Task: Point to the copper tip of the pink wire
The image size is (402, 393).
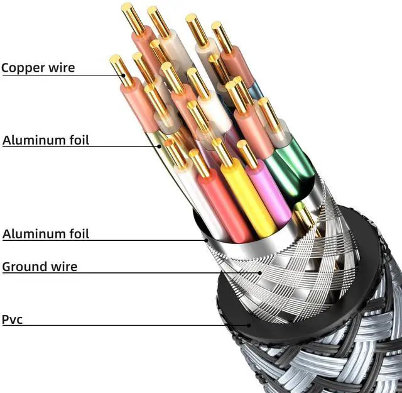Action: click(247, 154)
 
